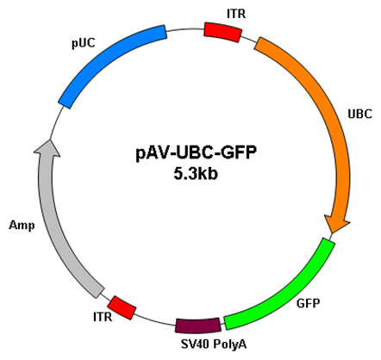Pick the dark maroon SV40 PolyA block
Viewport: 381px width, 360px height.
point(198,326)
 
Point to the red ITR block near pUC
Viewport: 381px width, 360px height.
point(222,32)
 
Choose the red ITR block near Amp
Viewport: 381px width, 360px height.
point(122,307)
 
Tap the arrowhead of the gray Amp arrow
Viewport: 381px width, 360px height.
point(49,140)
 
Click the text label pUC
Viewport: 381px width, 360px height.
point(84,43)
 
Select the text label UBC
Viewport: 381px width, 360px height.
point(360,114)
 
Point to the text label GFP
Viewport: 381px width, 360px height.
point(308,303)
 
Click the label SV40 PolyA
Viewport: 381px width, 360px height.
point(214,344)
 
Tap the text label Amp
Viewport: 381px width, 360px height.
point(22,226)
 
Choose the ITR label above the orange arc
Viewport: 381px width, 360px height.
point(236,14)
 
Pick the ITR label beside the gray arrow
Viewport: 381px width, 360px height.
point(103,317)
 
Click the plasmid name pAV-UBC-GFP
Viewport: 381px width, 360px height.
point(196,153)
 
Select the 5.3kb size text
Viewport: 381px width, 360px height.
point(196,174)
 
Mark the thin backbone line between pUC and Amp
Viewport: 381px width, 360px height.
point(55,122)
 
